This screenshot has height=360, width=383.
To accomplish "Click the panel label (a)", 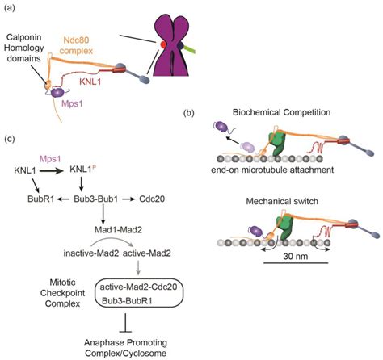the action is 9,8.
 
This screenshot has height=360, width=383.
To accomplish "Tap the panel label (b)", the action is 188,113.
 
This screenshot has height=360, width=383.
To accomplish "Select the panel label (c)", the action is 9,139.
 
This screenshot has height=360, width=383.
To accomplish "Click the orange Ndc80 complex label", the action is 77,45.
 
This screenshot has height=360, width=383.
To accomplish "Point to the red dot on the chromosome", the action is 163,44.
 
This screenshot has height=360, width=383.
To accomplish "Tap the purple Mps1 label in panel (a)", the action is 72,103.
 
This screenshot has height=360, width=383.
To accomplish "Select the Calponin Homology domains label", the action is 24,48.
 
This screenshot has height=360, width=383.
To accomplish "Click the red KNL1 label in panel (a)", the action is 90,82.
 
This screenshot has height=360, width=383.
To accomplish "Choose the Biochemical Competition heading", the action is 281,112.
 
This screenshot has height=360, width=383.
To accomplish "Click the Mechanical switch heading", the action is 282,201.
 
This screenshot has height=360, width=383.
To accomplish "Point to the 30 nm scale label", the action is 296,256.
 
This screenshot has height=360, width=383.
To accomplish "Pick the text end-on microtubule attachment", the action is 272,170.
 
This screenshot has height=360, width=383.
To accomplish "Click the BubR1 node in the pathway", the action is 41,199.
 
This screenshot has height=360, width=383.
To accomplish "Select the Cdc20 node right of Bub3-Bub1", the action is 152,199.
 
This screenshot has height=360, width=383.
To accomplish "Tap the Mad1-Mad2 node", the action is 118,230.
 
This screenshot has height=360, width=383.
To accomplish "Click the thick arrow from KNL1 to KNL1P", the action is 52,170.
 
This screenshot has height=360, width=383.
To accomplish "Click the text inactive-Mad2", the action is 91,253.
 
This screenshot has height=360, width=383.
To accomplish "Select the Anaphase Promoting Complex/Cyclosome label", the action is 125,348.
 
